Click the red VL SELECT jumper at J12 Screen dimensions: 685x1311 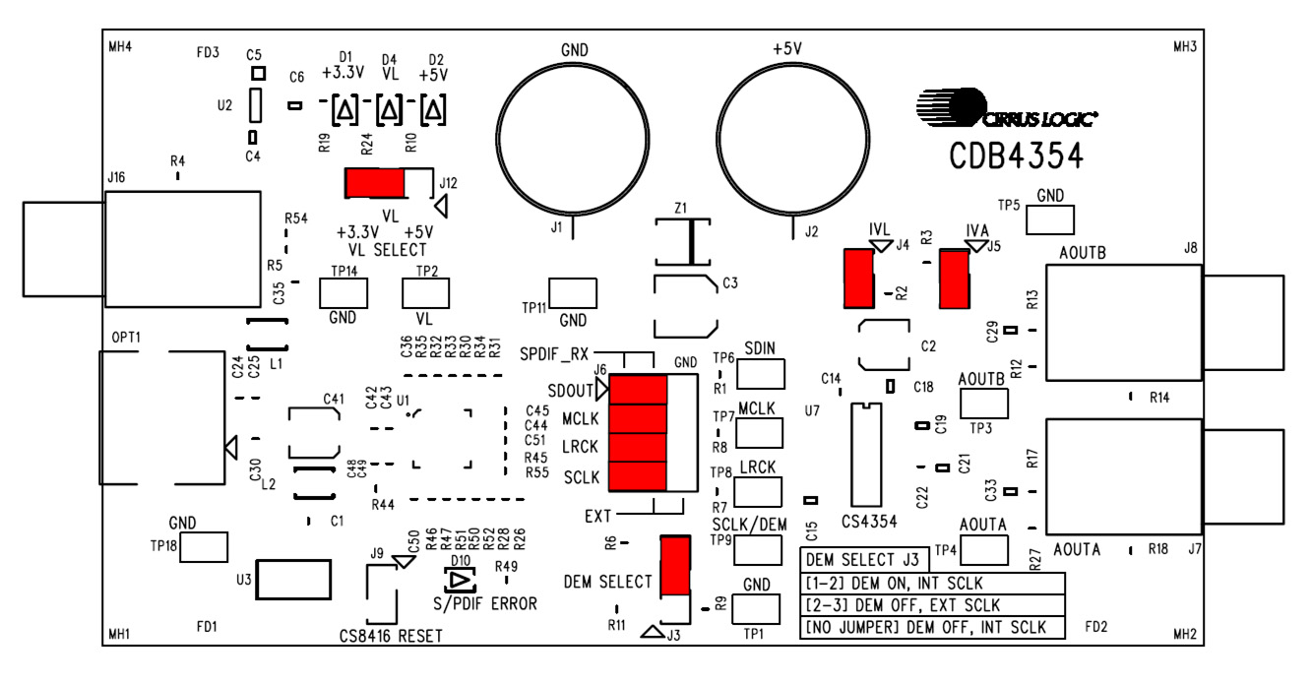click(x=374, y=183)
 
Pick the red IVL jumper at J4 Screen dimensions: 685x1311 click(x=858, y=279)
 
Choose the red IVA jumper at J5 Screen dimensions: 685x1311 click(x=953, y=279)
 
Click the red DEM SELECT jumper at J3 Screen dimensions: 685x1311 click(x=675, y=566)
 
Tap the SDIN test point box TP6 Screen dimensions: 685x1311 click(x=760, y=374)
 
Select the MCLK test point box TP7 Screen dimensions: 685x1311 click(x=760, y=433)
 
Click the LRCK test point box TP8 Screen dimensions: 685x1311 click(x=760, y=491)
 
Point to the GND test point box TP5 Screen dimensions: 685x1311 click(x=1050, y=220)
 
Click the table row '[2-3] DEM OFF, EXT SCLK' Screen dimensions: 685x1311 click(x=931, y=605)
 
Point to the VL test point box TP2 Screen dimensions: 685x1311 click(x=425, y=293)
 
